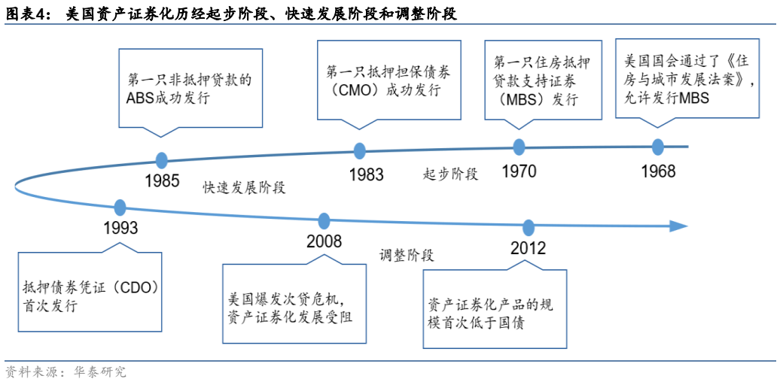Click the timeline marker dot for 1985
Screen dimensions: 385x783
161,159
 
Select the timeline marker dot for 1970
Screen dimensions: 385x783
519,147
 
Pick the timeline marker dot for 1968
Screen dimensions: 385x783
658,147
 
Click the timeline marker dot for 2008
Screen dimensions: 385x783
324,221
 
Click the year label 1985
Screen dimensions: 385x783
162,181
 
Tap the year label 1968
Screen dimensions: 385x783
658,171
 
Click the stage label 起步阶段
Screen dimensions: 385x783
450,174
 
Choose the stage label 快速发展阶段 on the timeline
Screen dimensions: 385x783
244,188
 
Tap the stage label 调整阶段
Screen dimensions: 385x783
407,255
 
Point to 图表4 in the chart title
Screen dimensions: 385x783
27,14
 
